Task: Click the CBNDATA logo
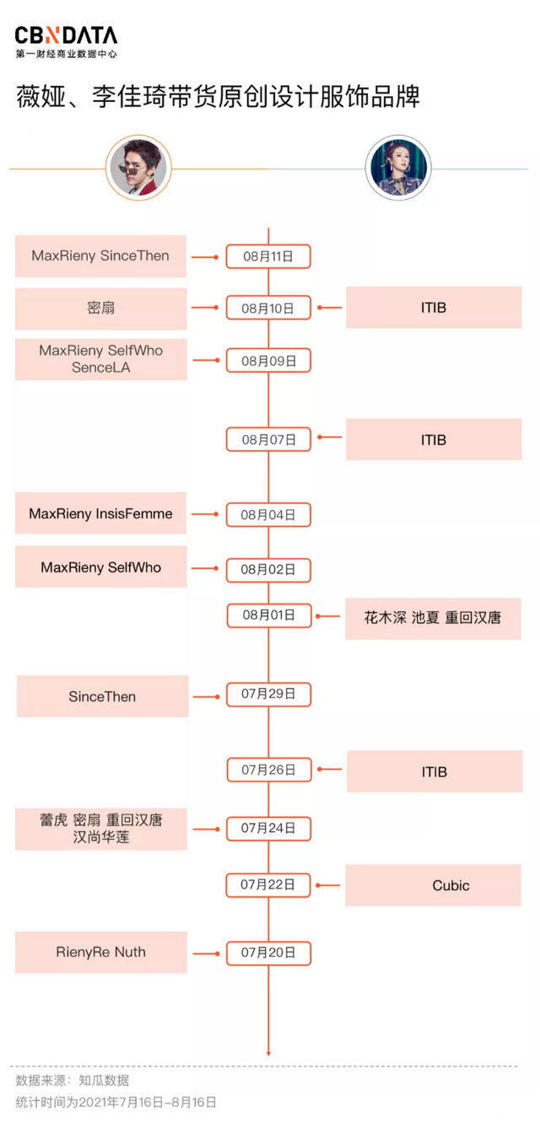[x=66, y=40]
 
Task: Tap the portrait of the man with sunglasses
[x=138, y=168]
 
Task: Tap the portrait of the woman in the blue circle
[x=397, y=168]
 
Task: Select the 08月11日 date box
[x=268, y=256]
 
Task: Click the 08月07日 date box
[x=268, y=439]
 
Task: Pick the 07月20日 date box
[x=268, y=953]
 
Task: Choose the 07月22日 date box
[x=268, y=884]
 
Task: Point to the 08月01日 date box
[x=268, y=615]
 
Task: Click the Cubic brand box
[x=433, y=885]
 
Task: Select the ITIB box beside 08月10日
[x=433, y=308]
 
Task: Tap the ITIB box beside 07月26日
[x=433, y=771]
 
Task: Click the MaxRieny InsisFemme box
[x=100, y=513]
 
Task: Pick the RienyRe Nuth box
[x=100, y=953]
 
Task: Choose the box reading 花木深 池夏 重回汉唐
[x=433, y=618]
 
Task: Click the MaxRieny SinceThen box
[x=100, y=255]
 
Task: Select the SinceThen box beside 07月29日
[x=102, y=696]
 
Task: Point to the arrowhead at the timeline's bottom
[x=268, y=1052]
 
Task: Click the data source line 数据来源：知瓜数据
[x=73, y=1080]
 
